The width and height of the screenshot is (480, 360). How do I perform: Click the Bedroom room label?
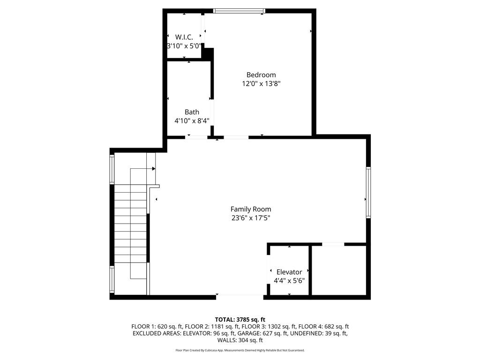tap(261, 75)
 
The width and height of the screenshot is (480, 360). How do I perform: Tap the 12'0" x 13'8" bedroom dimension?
tap(261, 84)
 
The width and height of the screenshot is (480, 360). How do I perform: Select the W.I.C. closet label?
tap(184, 37)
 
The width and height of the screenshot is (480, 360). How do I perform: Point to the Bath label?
tap(192, 112)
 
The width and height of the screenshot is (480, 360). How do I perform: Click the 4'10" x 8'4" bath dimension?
tap(192, 120)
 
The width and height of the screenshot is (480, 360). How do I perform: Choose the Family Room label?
tap(250, 209)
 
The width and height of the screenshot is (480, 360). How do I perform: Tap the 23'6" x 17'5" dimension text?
tap(250, 218)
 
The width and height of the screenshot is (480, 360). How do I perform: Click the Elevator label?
tap(289, 272)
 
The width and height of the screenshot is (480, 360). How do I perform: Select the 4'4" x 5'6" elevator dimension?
tap(289, 281)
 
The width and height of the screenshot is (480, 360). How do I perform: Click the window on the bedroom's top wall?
tap(239, 11)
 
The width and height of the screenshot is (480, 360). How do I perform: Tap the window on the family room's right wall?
tap(368, 192)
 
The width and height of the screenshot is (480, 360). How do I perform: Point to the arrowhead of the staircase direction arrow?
tap(153, 169)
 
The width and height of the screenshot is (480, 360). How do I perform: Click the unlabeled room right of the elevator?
tap(338, 270)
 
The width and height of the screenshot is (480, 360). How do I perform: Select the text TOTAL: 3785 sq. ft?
tap(240, 320)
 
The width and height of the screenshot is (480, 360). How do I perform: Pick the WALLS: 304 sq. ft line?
tap(240, 340)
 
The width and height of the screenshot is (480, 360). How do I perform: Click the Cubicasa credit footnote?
tap(240, 350)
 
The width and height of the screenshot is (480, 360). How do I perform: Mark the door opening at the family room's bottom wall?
tap(240, 295)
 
